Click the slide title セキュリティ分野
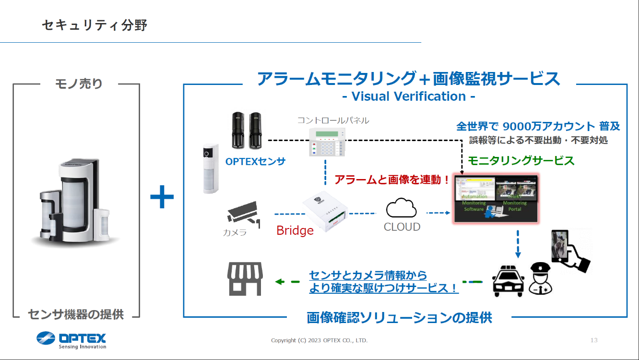point(95,25)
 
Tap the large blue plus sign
point(162,198)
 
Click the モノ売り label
point(79,84)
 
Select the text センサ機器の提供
point(76,315)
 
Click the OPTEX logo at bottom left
point(71,339)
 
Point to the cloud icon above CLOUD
point(402,209)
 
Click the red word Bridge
point(295,231)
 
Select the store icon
point(245,279)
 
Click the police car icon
point(509,280)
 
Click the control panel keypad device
point(327,142)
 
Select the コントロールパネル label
point(333,120)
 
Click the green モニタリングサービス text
point(521,161)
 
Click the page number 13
point(594,340)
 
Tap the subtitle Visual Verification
point(408,96)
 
